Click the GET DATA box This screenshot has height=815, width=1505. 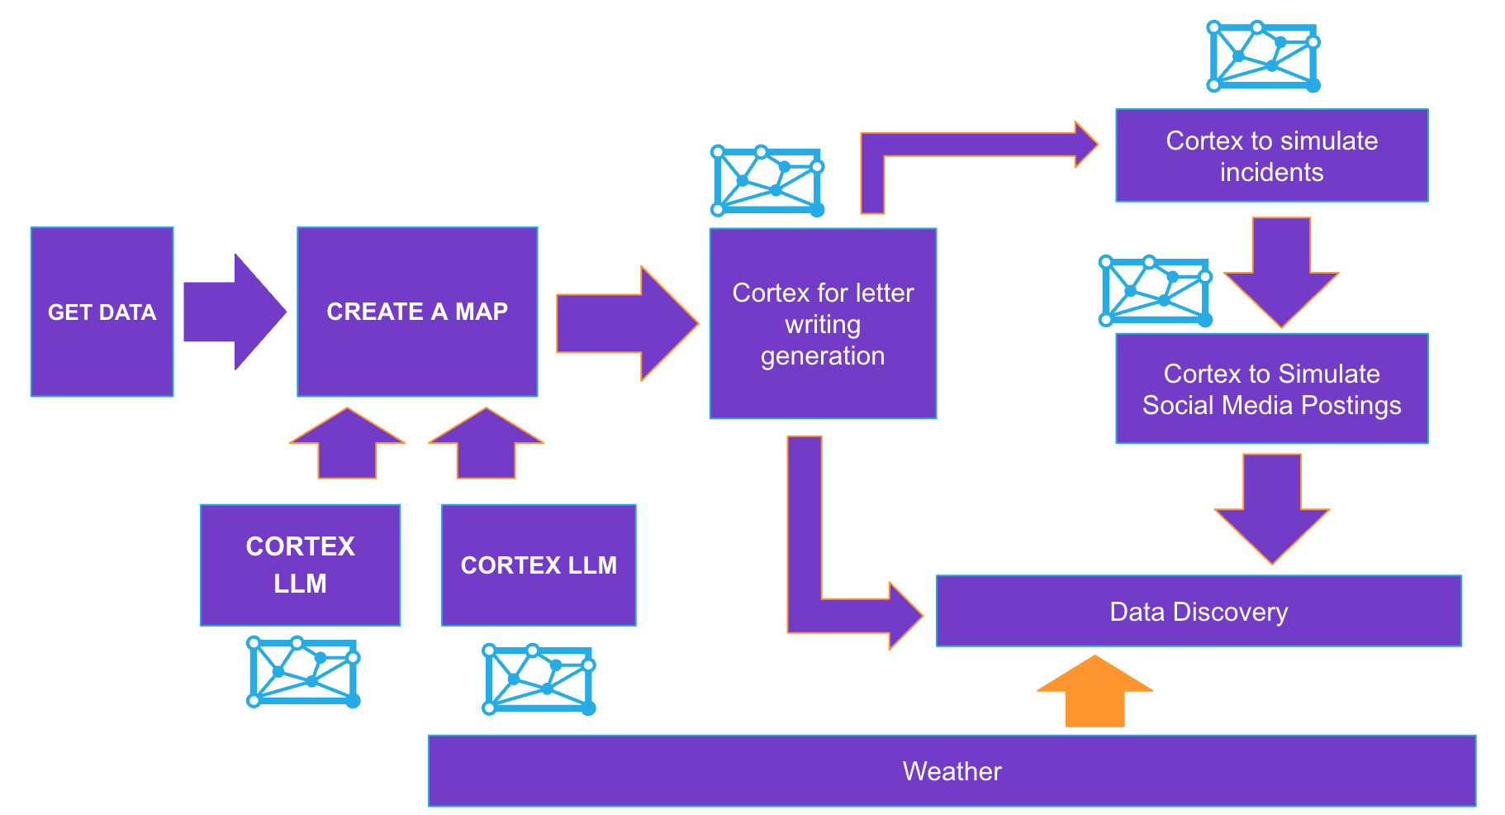click(102, 312)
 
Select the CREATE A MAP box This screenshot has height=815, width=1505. click(417, 312)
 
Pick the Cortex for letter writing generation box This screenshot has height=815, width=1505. click(823, 323)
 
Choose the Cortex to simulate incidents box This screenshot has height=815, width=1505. click(1271, 155)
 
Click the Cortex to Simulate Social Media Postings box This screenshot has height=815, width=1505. click(1271, 388)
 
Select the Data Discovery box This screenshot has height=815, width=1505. click(1198, 611)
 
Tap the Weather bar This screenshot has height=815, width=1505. click(952, 770)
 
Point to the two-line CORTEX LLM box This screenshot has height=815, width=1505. click(300, 565)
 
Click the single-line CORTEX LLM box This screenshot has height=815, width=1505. click(539, 565)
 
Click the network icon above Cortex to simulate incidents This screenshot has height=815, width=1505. click(1263, 56)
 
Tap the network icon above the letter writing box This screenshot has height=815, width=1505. click(767, 181)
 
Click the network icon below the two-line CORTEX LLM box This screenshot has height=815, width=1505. click(303, 671)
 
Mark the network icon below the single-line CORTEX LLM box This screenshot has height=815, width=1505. click(539, 679)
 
